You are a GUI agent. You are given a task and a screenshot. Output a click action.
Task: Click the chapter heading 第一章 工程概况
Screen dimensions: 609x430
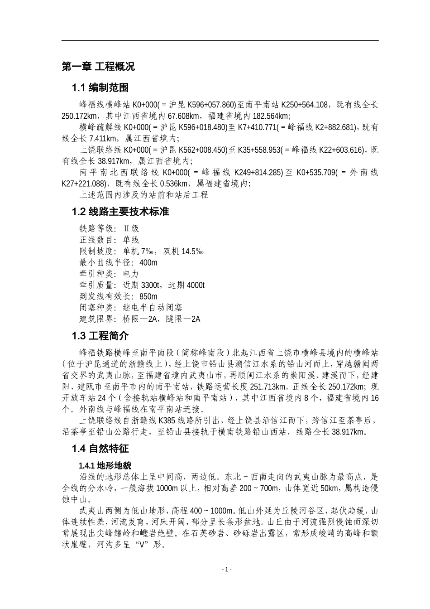[98, 67]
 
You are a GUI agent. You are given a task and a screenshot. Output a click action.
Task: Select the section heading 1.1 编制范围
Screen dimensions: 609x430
[100, 87]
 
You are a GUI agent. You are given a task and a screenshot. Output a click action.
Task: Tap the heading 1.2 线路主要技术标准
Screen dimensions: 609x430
[120, 212]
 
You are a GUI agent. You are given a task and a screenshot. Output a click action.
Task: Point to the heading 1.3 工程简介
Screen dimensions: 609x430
[100, 336]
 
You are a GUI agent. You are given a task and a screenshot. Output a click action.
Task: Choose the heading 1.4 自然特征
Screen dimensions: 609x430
[100, 449]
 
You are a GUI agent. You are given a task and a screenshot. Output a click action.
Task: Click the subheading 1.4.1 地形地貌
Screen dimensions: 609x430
[105, 466]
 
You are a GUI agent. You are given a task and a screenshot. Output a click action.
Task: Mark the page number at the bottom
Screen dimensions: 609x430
[227, 570]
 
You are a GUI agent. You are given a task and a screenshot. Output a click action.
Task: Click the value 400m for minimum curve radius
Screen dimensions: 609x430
[148, 263]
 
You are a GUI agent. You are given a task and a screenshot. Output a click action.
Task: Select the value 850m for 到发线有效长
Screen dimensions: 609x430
[148, 297]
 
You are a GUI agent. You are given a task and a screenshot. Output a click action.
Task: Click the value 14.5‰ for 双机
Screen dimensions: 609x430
[192, 251]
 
